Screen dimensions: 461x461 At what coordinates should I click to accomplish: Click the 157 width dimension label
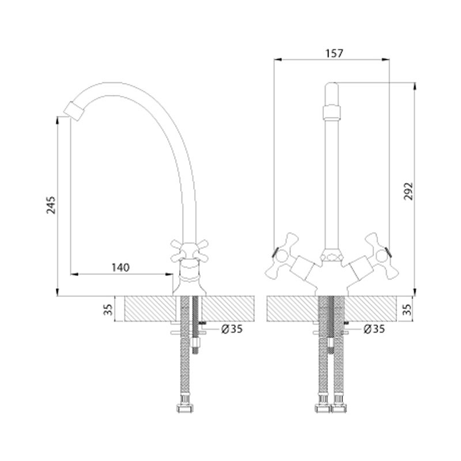[x=334, y=54]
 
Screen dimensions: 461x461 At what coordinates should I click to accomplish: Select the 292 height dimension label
[x=408, y=191]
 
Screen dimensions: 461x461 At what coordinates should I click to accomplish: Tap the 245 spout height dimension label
[x=51, y=205]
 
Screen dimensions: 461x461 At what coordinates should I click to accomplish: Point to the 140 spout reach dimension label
[x=120, y=267]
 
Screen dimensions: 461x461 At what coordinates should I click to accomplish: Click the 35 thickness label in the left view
[x=108, y=309]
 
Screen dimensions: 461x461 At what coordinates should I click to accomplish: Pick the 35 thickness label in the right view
[x=407, y=309]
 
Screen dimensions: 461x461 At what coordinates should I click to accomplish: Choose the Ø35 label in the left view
[x=232, y=329]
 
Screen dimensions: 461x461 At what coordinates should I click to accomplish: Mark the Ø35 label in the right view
[x=374, y=329]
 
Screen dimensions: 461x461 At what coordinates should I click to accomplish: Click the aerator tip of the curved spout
[x=74, y=111]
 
